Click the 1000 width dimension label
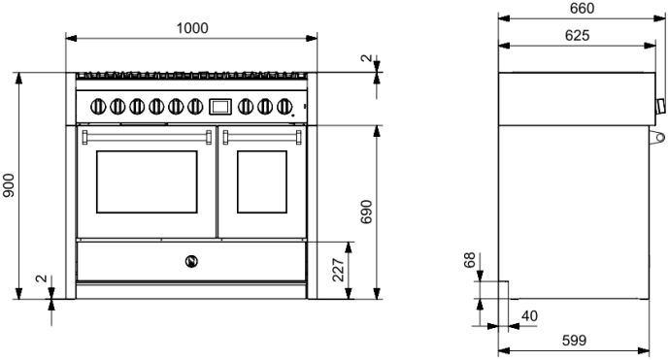click(x=191, y=28)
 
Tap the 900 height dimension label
click(x=9, y=185)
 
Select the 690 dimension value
click(x=368, y=212)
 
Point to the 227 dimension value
click(x=339, y=270)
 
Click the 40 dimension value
click(x=530, y=315)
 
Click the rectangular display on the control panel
click(x=220, y=105)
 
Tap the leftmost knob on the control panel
click(x=97, y=106)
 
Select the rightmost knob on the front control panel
click(x=285, y=106)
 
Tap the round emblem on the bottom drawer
click(x=191, y=259)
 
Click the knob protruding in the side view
click(x=661, y=105)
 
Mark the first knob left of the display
click(x=195, y=106)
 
